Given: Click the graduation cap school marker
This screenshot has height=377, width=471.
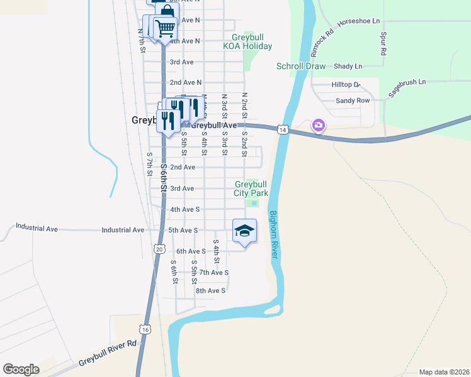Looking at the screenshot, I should [x=244, y=232].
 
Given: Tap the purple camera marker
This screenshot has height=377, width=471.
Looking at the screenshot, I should [x=319, y=126].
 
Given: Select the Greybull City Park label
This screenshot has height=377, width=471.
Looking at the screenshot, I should [x=251, y=188].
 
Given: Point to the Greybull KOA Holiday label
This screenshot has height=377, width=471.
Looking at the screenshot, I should [x=247, y=41].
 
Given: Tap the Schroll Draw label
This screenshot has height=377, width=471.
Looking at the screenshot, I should [x=301, y=66].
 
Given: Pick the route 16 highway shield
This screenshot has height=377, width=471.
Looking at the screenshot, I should [x=145, y=329].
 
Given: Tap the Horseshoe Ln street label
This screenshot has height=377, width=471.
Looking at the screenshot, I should [x=359, y=21].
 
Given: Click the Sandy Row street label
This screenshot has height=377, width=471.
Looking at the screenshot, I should [x=353, y=101].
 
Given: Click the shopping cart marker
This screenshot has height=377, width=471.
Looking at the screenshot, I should [x=165, y=28].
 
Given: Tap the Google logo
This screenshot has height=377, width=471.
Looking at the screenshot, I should [x=21, y=369].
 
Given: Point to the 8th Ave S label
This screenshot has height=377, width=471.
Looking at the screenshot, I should [x=210, y=290].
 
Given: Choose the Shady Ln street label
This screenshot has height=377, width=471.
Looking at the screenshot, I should [x=348, y=66].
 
